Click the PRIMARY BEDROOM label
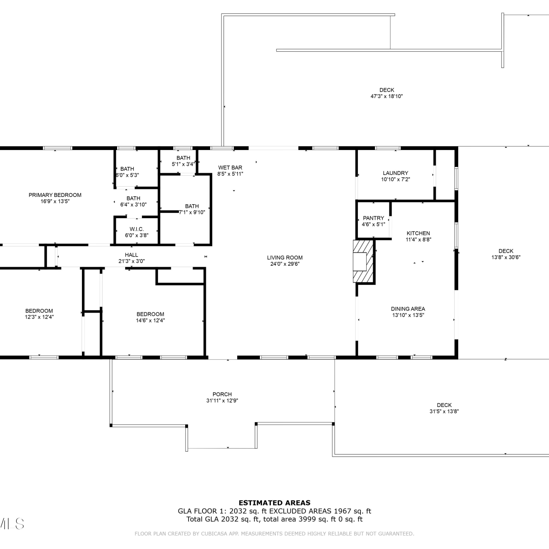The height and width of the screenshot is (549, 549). coord(55,195)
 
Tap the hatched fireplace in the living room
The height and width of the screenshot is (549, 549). coord(363,261)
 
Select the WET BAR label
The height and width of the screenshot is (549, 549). coord(230,168)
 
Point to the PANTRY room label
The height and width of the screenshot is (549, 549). coord(373,218)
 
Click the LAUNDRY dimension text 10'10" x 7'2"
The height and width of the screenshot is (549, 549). coord(395,179)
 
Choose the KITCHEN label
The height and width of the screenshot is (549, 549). coord(418,233)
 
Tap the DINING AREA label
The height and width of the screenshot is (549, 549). coord(408,309)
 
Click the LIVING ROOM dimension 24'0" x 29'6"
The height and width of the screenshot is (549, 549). coord(285,264)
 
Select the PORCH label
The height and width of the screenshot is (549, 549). coord(222,394)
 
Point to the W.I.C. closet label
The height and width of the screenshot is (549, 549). coord(137,229)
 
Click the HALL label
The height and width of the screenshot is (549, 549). coord(131,255)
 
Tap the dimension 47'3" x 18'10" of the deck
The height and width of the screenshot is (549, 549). coord(387,96)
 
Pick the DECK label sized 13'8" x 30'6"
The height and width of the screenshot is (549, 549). coord(506,251)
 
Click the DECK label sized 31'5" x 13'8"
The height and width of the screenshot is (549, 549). coord(444,405)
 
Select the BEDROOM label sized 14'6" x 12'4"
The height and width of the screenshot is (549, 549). coord(150,314)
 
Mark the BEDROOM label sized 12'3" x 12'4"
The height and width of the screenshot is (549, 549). coord(39,311)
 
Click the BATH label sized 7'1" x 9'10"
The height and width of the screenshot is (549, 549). coord(192,206)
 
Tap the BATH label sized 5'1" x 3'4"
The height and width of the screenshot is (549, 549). coord(183,158)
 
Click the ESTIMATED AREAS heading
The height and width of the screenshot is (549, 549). coord(274,503)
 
